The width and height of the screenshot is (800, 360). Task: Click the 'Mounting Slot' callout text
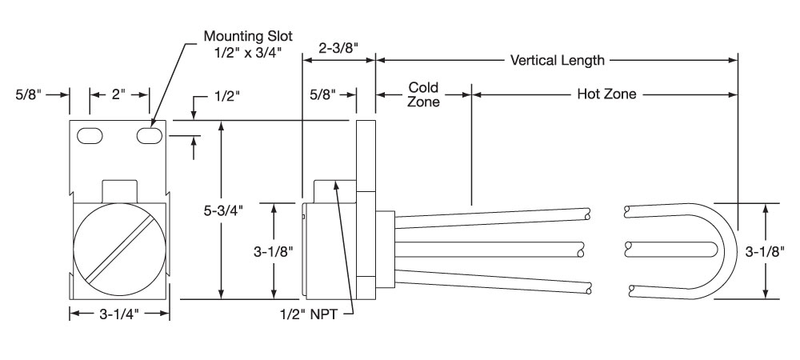coord(249,36)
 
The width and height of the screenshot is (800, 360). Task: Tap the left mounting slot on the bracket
coord(90,136)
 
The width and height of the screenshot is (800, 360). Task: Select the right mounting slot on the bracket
coord(150,136)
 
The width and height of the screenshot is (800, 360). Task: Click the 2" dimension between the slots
coord(119,95)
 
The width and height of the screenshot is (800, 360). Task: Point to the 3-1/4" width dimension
coord(119,314)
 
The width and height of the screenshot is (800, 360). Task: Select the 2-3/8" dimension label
coord(338,48)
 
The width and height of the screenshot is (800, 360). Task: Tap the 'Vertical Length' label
coord(557,60)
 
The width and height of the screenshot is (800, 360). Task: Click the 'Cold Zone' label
coord(423,94)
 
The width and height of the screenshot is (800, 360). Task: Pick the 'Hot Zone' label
coord(606,94)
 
